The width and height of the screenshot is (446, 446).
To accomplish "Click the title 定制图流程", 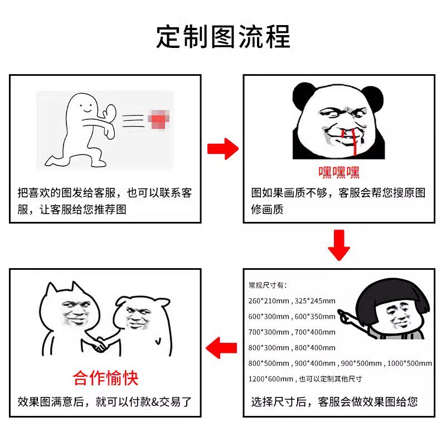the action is point(224,36).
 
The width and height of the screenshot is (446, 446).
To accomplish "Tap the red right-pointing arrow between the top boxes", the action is point(222,149).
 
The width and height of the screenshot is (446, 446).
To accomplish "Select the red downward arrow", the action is point(339,245).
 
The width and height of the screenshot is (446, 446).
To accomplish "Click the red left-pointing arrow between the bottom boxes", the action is point(221,347).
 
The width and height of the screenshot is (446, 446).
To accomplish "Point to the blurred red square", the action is point(159,119).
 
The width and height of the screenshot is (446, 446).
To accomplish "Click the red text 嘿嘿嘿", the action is point(339,172).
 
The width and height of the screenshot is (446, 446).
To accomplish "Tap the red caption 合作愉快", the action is point(105,378).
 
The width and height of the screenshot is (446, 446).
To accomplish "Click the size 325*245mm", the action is point(315,301).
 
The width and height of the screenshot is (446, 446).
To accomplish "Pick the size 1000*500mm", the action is point(410,363).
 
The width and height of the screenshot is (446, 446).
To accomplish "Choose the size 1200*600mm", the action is point(270,379).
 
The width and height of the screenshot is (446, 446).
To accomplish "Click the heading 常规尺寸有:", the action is point(268,285).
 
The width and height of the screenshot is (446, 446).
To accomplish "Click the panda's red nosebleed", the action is point(351,142).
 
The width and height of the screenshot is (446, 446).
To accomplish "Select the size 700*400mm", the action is point(315,332).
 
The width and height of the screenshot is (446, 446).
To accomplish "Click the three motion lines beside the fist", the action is point(133,120).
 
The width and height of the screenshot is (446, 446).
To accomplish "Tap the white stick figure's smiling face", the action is point(85,108).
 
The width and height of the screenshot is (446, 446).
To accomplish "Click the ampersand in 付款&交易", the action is point(155,402).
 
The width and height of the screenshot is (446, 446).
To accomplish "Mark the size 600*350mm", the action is point(315,317).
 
